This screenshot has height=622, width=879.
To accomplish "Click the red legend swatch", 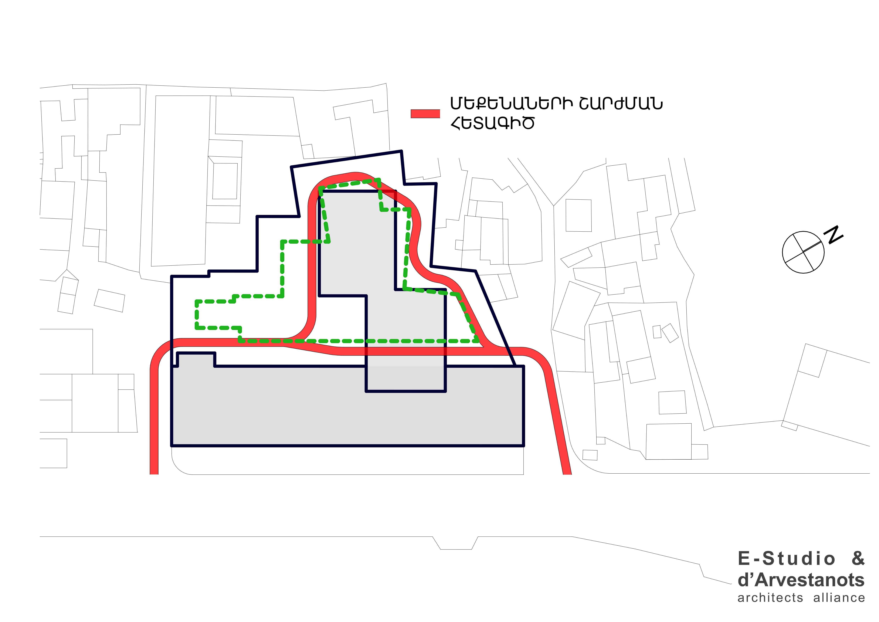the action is point(425,114).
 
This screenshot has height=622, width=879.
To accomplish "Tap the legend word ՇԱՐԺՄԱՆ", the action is point(621,103).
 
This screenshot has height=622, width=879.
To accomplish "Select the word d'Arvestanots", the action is point(801,580).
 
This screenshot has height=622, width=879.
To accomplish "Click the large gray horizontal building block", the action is point(347,406).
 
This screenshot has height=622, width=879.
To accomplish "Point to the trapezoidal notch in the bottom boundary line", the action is point(456,543).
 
